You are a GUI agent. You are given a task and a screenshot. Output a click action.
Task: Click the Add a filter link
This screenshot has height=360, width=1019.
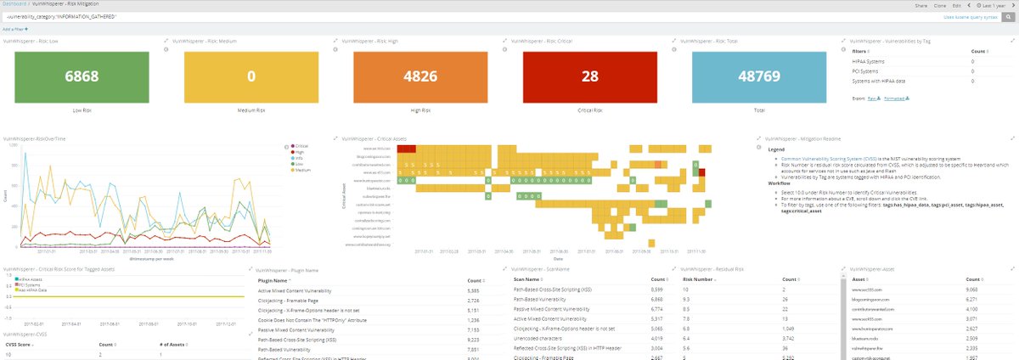tap(14, 29)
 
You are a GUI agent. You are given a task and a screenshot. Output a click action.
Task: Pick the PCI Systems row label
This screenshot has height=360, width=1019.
tap(866, 70)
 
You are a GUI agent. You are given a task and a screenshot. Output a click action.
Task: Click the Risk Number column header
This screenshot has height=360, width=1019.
tap(697, 278)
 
